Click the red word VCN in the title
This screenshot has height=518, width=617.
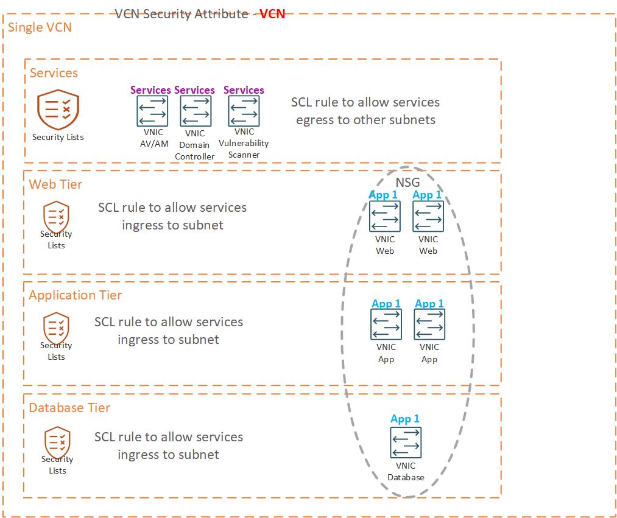272,13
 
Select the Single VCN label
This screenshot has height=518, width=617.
40,27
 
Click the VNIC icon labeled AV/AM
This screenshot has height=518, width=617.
152,111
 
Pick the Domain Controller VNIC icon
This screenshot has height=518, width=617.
196,111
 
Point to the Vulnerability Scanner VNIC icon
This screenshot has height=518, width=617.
244,111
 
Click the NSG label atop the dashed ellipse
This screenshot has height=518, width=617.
407,182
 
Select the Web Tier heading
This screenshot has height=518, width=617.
55,184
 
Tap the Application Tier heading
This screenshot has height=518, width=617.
75,295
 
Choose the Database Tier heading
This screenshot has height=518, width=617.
69,408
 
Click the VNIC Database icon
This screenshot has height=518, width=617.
406,443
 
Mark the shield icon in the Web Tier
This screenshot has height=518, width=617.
56,216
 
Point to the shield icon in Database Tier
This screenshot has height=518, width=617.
57,441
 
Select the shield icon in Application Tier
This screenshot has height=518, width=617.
56,327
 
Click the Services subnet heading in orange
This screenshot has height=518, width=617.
54,73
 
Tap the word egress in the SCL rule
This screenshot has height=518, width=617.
316,120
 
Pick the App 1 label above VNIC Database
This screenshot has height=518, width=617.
405,419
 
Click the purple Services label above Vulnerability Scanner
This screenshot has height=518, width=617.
244,90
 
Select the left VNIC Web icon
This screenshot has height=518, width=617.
385,217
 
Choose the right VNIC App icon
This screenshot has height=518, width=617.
429,324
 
